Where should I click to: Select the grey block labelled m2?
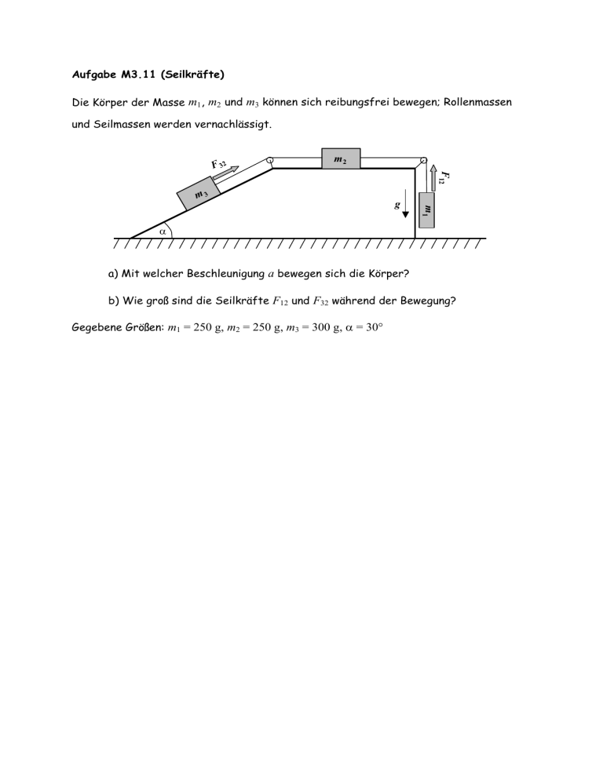(341, 159)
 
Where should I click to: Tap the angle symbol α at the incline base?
(163, 231)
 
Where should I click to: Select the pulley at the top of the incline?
(270, 162)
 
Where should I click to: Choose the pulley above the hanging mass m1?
(422, 162)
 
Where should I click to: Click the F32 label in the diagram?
(219, 164)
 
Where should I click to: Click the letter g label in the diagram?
(397, 206)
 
